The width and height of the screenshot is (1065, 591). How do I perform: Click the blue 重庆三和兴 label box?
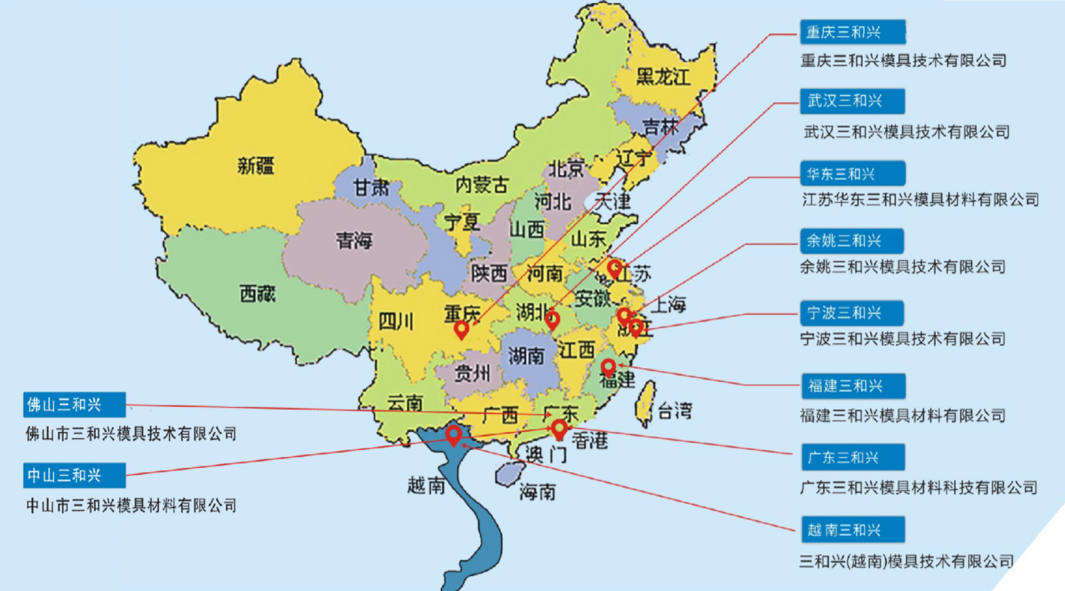pos(852,32)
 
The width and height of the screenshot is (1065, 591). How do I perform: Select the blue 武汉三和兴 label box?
pos(852,101)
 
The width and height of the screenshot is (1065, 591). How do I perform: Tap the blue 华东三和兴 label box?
pos(852,174)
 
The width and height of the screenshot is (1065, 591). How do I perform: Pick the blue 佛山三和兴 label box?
pos(75,405)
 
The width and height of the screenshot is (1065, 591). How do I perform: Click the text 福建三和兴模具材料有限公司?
pos(902,415)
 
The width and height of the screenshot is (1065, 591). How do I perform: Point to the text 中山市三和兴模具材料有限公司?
pos(131,506)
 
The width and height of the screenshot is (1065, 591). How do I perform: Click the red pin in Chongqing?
pos(462,330)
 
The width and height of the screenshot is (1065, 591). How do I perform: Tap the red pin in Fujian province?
pos(608,367)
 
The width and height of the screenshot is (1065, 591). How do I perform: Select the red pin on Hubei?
pos(552,319)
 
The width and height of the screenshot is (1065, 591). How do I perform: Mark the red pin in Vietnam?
pos(453,434)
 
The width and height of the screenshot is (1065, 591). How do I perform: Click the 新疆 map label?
pos(256,167)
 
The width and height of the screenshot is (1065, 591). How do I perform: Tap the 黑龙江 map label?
pos(663,77)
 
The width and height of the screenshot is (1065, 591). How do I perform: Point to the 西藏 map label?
pos(257,294)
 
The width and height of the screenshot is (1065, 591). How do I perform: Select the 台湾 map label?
pos(674,411)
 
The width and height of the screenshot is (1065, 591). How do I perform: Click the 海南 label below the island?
pos(538,492)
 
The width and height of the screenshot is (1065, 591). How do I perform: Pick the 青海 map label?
pos(354,241)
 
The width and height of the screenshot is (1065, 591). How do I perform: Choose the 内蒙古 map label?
pos(482,186)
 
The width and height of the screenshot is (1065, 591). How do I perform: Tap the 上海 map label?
pos(668,305)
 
